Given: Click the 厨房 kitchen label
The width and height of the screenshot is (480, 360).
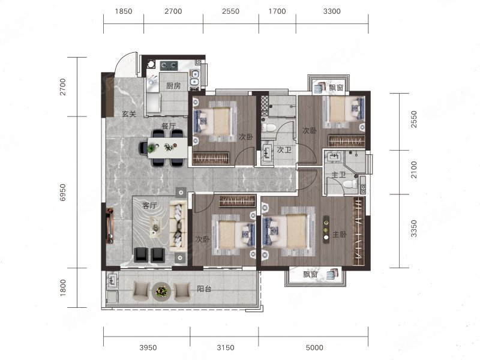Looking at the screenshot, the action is pos(173,86).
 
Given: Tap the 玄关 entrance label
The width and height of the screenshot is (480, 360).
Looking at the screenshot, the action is pos(129,114).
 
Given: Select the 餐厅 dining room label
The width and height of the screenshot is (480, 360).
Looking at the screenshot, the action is pos(169,126).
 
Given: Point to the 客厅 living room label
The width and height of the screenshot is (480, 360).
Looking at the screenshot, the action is pos(149,205).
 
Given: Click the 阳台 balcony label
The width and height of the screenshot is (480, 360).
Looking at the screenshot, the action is pos(204,289).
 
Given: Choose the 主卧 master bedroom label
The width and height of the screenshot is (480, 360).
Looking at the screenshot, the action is pos(340,235).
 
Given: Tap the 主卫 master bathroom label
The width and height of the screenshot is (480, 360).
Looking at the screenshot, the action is pos(338,175).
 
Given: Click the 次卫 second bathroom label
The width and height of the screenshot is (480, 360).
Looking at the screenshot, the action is pos(284,149).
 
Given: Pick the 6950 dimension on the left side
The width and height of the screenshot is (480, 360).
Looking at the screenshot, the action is pos(62,192).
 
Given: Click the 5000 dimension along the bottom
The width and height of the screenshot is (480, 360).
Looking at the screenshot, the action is pos(314,347).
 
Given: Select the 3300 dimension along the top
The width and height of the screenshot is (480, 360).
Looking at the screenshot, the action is pos(332,11).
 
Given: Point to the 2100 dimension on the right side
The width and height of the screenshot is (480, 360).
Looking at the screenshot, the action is pos(413,170).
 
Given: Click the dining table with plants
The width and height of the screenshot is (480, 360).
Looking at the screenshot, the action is pos(167,148).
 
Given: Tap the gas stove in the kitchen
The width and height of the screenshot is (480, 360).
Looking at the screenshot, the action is pos(169,65).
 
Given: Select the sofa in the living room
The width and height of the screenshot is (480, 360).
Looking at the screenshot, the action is pos(178,226).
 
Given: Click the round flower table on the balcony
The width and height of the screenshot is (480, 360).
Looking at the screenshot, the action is pos(161,291).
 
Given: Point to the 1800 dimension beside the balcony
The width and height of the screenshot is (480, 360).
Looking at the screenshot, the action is pos(62,288).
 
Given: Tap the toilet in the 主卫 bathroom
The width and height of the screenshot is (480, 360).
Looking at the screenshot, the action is pos(350,184).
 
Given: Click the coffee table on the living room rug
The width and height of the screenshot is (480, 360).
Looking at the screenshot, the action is pos(156,227).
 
